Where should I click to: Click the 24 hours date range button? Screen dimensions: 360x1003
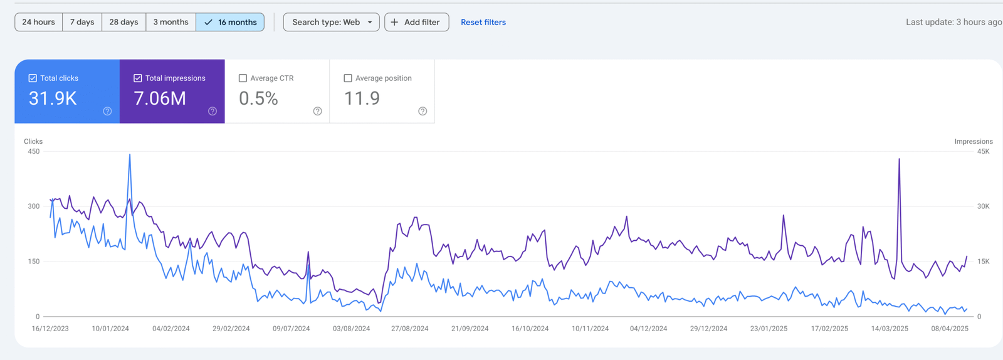(x=38, y=22)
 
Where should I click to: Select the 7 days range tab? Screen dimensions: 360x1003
(x=82, y=22)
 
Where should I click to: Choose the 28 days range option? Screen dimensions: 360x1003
(x=123, y=22)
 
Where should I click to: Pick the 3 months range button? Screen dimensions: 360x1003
(x=171, y=22)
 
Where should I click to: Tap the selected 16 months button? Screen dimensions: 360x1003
(x=230, y=22)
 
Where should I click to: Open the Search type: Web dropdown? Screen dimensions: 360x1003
(x=331, y=22)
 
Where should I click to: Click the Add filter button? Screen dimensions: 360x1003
(x=416, y=22)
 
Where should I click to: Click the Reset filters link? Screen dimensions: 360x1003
(x=483, y=22)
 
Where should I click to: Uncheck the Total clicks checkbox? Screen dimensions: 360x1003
(x=33, y=78)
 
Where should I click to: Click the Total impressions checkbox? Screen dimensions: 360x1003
(x=138, y=78)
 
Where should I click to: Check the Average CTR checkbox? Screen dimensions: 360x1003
(x=243, y=78)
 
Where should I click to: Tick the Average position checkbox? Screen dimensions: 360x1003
(x=348, y=78)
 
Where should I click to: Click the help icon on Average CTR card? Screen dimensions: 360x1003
(x=318, y=111)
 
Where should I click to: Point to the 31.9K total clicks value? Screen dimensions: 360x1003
(x=53, y=98)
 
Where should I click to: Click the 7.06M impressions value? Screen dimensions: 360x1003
(x=160, y=98)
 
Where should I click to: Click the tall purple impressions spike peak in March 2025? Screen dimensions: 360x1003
(x=899, y=159)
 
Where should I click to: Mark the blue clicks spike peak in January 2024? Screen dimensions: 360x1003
(x=130, y=155)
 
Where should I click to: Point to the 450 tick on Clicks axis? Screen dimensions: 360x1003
(x=33, y=151)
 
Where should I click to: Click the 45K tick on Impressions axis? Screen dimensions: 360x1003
(x=983, y=151)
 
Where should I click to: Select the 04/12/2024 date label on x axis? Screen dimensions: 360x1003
(x=648, y=328)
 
